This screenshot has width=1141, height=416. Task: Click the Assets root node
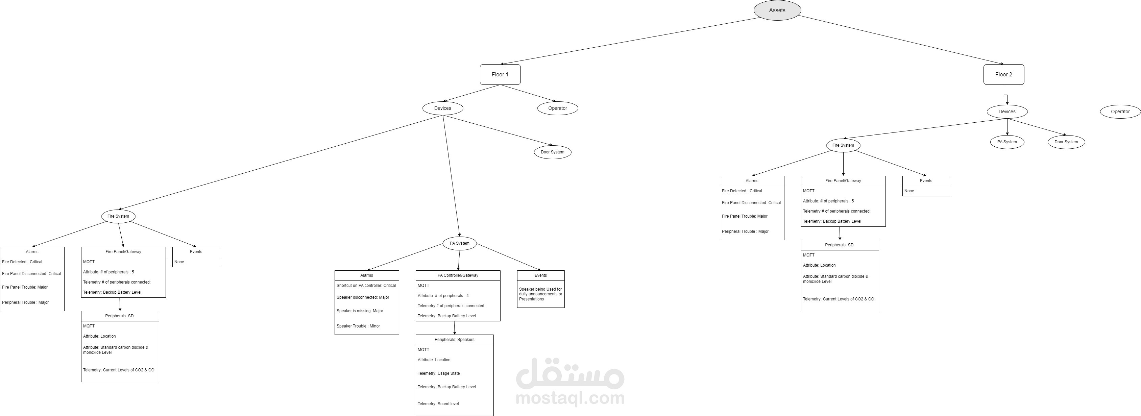click(x=777, y=10)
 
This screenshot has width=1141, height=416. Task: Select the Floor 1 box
click(x=500, y=74)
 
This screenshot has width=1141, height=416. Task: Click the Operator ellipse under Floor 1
click(x=557, y=108)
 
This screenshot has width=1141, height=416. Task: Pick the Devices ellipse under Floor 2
click(x=1007, y=112)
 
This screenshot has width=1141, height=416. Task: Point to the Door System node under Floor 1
click(x=552, y=152)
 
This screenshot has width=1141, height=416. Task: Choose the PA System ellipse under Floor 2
click(x=1007, y=142)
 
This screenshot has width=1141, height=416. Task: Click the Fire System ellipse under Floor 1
click(x=118, y=216)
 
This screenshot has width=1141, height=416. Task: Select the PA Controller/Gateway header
click(x=458, y=275)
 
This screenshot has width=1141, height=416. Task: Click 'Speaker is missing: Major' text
click(x=360, y=311)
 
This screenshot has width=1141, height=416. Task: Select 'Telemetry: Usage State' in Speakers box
click(x=438, y=373)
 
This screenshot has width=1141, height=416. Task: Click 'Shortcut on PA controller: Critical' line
click(x=366, y=286)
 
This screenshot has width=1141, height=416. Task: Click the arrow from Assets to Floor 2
click(x=899, y=40)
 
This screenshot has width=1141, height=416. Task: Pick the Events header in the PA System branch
click(x=540, y=275)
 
